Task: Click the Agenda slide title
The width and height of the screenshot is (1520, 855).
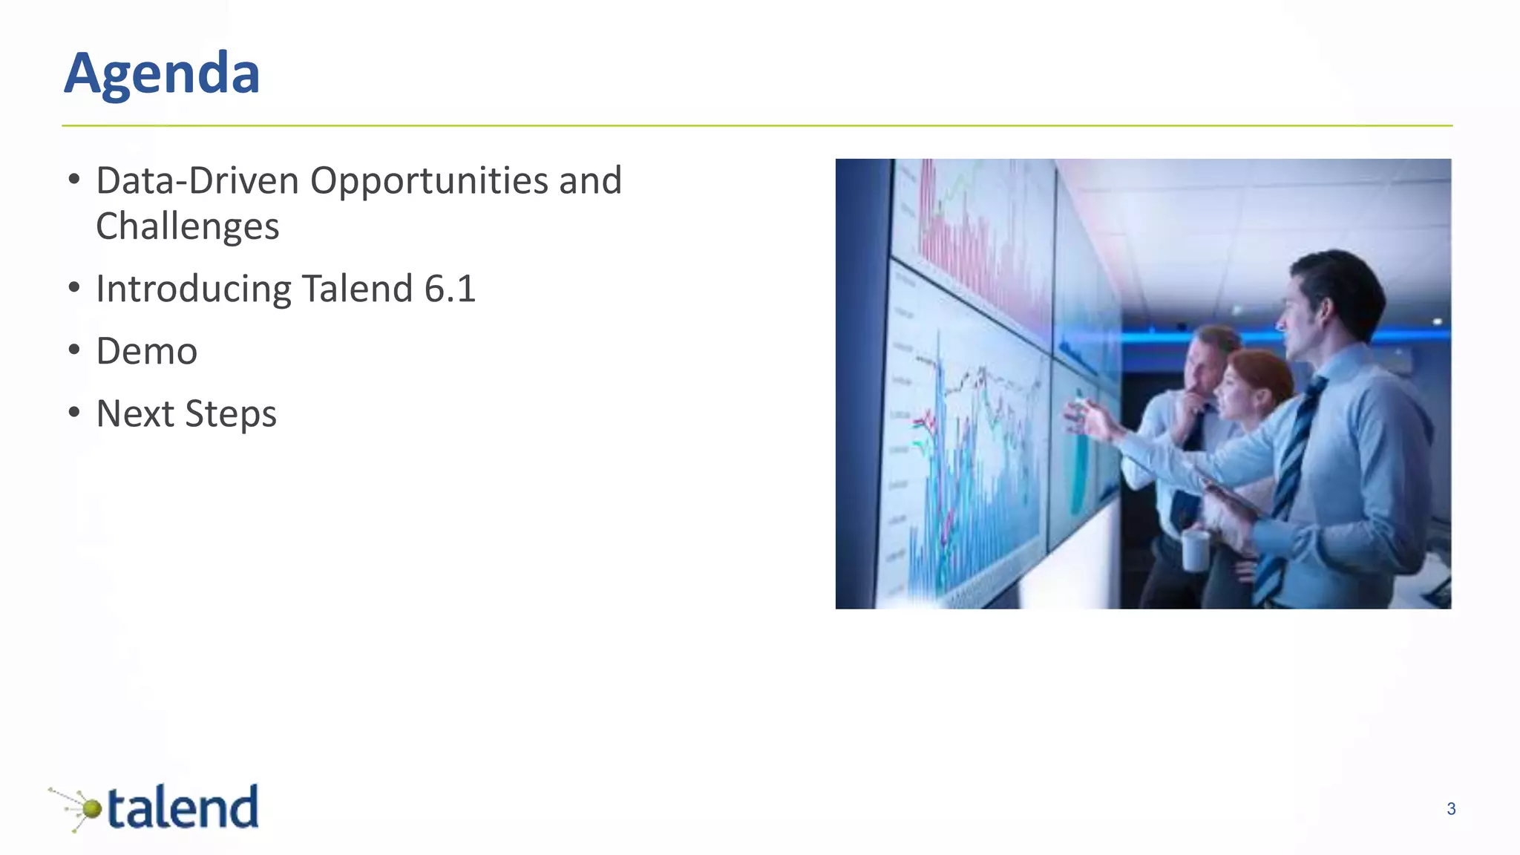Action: coord(162,73)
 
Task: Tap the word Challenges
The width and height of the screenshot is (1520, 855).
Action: coord(187,226)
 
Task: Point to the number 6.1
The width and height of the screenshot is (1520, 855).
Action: coord(450,289)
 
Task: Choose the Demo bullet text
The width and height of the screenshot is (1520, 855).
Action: coord(147,351)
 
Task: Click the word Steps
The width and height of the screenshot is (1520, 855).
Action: coord(231,414)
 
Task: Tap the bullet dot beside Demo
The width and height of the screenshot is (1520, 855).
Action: coord(73,350)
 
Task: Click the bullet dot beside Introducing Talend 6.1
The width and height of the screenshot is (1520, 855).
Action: coord(73,287)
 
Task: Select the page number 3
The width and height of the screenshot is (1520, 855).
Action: coord(1451,809)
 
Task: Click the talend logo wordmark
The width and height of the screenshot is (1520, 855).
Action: coord(183,807)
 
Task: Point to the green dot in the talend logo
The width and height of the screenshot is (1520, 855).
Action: coord(91,808)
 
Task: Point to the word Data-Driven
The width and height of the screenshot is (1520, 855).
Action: coord(197,181)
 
